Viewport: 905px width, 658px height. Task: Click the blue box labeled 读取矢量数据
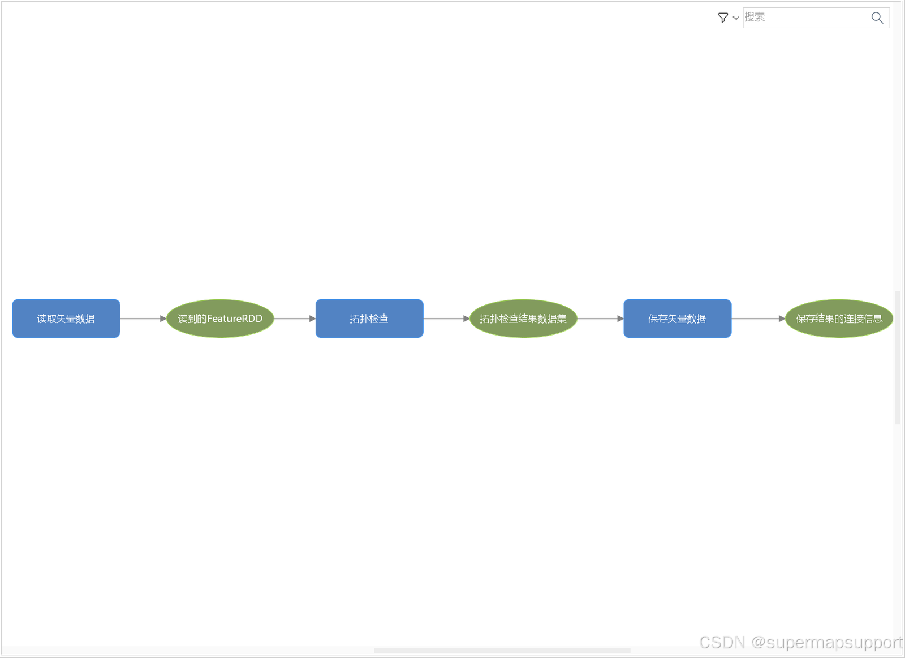coord(66,319)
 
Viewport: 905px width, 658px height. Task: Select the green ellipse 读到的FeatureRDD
coord(220,319)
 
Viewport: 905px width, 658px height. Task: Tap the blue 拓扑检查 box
coord(369,319)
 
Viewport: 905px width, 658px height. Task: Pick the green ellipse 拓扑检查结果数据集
coord(523,319)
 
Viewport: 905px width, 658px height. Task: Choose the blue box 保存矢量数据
coord(677,319)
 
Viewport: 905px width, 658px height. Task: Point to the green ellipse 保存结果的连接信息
coord(839,319)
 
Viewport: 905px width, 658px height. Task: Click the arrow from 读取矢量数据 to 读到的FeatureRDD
coord(143,319)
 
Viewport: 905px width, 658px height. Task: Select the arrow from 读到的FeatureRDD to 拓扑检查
coord(295,319)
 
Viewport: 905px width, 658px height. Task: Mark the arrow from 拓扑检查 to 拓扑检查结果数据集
coord(446,319)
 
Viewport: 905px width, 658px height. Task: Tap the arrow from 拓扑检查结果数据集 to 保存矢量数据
coord(600,319)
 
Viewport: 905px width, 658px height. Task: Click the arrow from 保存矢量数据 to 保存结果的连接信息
coord(758,319)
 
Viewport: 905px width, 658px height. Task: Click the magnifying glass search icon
coord(877,18)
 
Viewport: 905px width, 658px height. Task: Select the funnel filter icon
coord(723,18)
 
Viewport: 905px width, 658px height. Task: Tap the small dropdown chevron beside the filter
coord(736,18)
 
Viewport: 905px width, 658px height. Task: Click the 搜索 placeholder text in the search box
coord(755,17)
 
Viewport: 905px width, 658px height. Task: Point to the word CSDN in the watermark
coord(722,642)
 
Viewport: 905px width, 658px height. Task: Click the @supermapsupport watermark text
coord(826,642)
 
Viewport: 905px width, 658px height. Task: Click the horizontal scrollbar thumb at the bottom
coord(502,650)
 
